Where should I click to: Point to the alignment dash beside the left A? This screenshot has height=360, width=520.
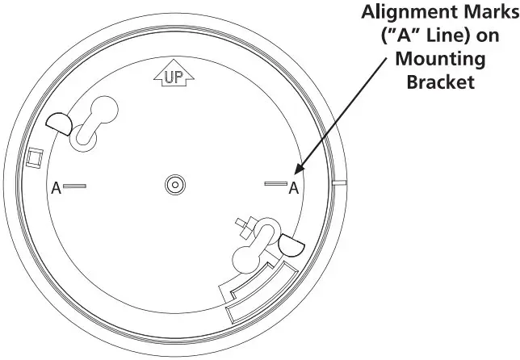click(x=75, y=186)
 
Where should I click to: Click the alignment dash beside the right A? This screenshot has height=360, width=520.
click(x=275, y=186)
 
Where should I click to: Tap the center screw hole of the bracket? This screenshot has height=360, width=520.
click(x=174, y=186)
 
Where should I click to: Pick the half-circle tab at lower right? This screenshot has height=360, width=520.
click(x=289, y=244)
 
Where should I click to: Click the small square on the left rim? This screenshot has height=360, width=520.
click(x=35, y=157)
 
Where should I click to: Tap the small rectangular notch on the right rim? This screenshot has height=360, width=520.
click(x=339, y=184)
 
